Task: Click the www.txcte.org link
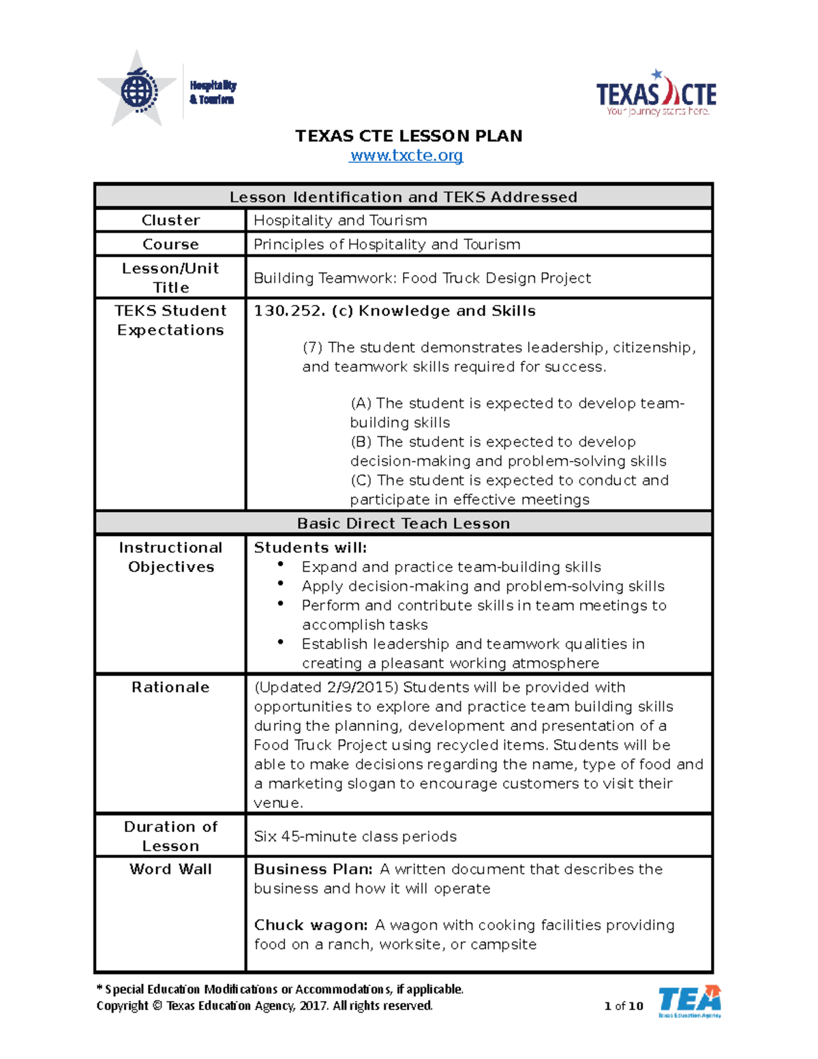(406, 155)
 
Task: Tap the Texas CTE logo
(656, 94)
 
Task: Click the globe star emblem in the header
(138, 90)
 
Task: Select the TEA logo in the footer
(689, 1001)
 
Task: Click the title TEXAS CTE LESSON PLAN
(408, 136)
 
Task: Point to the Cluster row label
(170, 220)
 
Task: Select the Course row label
(170, 244)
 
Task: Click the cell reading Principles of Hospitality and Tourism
(387, 244)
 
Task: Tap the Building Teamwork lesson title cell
(422, 278)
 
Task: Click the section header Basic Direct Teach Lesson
(404, 523)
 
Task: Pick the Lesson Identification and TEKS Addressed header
(404, 197)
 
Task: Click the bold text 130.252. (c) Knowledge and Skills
(395, 311)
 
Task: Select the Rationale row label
(170, 687)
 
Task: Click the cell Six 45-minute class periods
(355, 836)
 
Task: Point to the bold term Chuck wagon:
(311, 925)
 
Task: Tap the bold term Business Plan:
(313, 869)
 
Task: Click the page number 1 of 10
(623, 1006)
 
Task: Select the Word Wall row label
(170, 869)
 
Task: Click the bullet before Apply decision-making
(280, 584)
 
